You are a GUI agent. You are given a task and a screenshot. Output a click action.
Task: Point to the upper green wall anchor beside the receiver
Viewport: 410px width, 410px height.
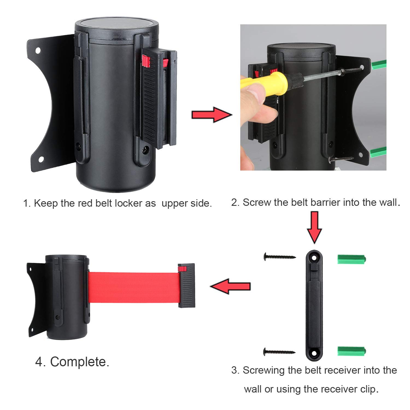point(352,259)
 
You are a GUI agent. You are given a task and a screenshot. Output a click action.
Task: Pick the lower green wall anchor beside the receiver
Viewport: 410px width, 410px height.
point(352,351)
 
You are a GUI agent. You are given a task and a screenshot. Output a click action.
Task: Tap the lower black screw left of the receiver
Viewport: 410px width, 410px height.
point(279,352)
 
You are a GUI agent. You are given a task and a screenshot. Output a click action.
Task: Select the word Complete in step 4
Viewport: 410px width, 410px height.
point(80,362)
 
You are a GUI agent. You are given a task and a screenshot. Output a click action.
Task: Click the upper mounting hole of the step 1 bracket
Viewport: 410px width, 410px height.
point(37,50)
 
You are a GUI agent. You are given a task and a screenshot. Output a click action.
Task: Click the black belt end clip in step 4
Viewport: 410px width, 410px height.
point(187,286)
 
